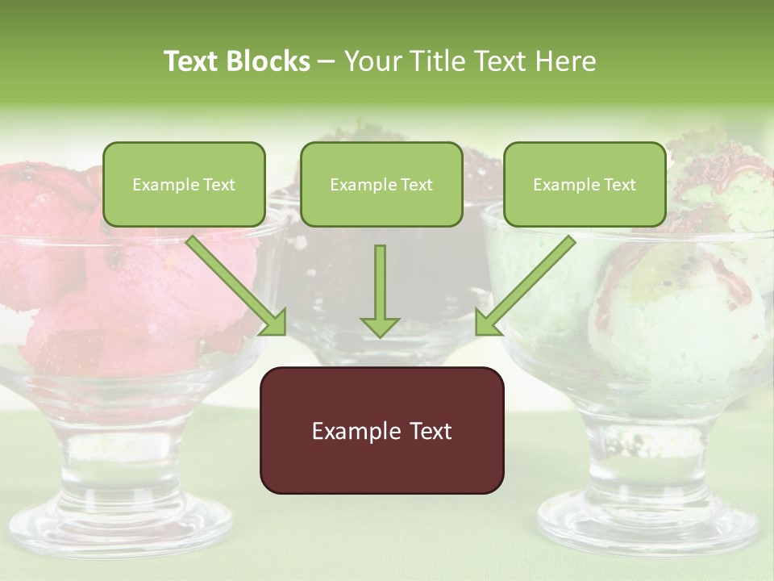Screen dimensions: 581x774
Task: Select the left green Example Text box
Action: tap(184, 184)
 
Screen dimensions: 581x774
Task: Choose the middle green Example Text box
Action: tap(381, 184)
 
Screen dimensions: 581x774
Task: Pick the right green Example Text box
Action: tap(585, 184)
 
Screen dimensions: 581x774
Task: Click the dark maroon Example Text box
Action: tap(381, 430)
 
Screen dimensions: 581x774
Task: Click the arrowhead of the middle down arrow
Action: tap(380, 326)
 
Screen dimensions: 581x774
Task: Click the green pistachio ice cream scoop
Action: tap(669, 323)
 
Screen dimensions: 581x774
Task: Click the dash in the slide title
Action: tap(327, 61)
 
